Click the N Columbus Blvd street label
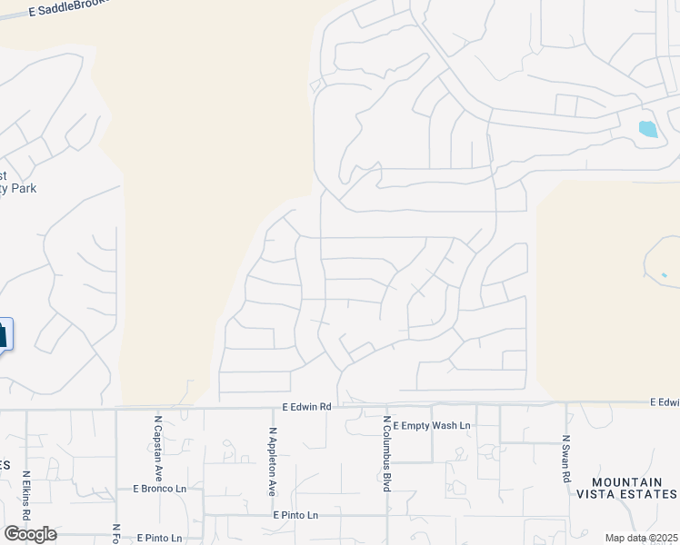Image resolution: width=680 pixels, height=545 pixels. [x=386, y=454]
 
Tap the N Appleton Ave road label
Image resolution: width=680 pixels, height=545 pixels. [x=272, y=461]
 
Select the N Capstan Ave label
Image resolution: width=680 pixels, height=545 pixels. [x=158, y=448]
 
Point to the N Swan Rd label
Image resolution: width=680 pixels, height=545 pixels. [x=565, y=458]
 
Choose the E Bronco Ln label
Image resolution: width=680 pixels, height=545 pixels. [x=159, y=488]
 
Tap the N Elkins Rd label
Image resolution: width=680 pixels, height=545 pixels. [x=26, y=494]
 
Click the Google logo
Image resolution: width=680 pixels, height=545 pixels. [x=30, y=533]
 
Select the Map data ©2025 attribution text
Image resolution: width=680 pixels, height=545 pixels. [x=641, y=538]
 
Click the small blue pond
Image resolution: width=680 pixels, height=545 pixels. [x=647, y=129]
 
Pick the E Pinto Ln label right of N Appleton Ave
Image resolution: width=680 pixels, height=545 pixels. [x=296, y=515]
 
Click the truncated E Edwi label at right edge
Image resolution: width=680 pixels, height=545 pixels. [x=665, y=401]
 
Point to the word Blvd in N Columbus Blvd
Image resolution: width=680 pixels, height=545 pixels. [x=386, y=481]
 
